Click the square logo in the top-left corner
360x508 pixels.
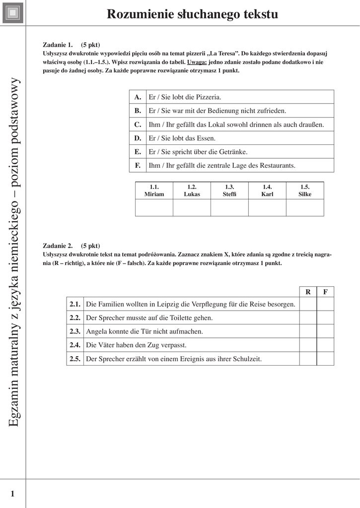click(13, 13)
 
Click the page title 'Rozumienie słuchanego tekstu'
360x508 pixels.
click(192, 14)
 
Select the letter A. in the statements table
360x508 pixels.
click(138, 97)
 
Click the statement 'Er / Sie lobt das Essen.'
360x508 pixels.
click(182, 138)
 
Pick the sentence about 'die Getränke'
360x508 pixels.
click(198, 152)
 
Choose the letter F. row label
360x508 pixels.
click(138, 165)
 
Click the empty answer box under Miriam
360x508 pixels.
click(154, 208)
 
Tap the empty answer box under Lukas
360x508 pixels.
click(192, 208)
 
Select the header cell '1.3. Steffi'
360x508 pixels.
click(229, 190)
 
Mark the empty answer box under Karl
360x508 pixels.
click(267, 208)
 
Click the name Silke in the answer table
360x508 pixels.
click(305, 194)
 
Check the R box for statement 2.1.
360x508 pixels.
click(308, 304)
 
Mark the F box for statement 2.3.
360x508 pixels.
click(325, 331)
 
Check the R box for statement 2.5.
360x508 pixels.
click(308, 359)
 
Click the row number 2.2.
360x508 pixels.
click(75, 317)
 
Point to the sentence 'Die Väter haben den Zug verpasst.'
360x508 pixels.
click(136, 345)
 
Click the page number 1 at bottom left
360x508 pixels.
click(12, 493)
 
